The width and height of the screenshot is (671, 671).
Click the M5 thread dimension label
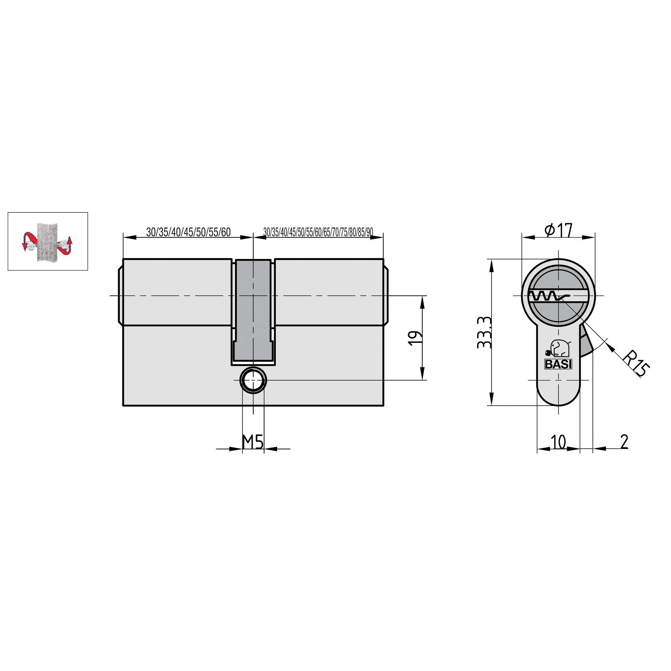[253, 442]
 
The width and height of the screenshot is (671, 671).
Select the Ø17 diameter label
[558, 230]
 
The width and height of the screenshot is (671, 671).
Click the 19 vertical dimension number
[416, 338]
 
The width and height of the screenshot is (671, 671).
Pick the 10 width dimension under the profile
[558, 442]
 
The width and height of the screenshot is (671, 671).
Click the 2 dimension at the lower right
[624, 442]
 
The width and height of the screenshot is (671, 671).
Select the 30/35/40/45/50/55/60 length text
[188, 232]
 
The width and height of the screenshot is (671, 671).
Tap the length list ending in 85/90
[318, 232]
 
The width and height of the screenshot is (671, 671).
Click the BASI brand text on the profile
[558, 365]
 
